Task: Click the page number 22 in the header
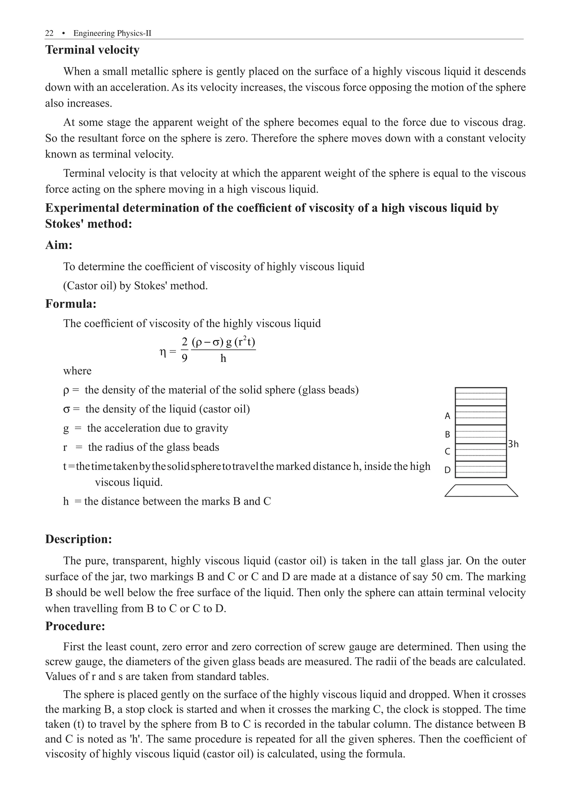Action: (49, 33)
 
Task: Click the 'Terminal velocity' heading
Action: (92, 50)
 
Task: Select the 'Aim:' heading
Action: (59, 245)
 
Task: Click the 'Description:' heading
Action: (78, 539)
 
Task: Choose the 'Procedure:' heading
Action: (75, 626)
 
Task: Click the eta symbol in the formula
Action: (163, 352)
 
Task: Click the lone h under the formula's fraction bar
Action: (223, 359)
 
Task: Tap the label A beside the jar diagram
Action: (447, 416)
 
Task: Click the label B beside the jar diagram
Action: (447, 434)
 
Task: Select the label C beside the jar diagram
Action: (447, 451)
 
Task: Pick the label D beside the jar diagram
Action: (447, 470)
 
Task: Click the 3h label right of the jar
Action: (513, 444)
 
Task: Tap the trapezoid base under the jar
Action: (481, 491)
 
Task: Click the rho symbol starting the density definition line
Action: (66, 390)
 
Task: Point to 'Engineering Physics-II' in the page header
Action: (112, 33)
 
